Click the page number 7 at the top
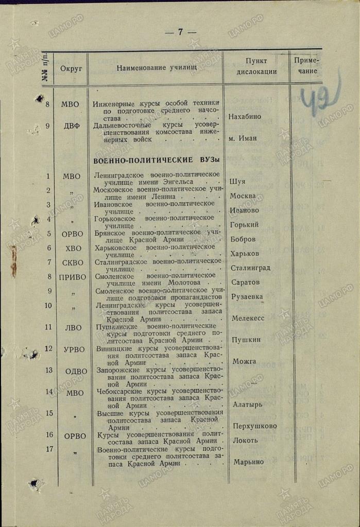click(180, 32)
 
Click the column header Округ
click(71, 68)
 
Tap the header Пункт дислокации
click(256, 66)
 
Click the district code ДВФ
click(71, 126)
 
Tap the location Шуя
click(237, 182)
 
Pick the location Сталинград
click(250, 268)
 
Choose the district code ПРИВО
click(72, 277)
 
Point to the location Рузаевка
click(247, 297)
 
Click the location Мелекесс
click(248, 319)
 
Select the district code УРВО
click(74, 349)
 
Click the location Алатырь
click(247, 405)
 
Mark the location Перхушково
click(254, 426)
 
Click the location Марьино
click(248, 462)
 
